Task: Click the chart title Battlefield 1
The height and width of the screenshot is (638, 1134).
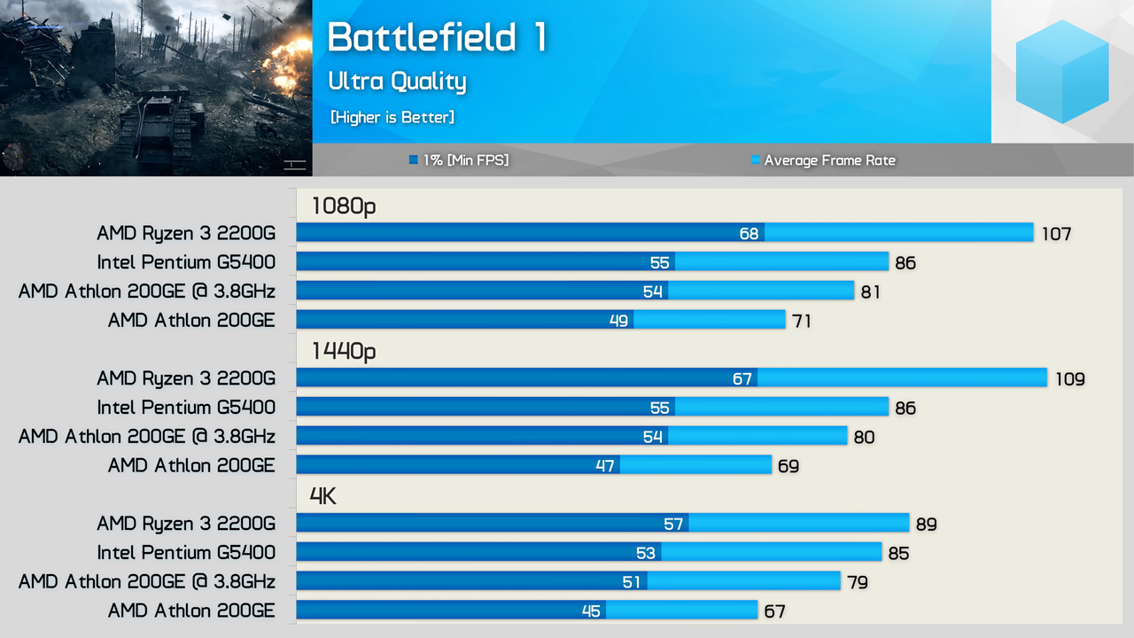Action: coord(437,38)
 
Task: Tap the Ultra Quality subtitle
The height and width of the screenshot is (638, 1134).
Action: coord(397,82)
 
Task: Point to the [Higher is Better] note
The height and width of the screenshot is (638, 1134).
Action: coord(392,117)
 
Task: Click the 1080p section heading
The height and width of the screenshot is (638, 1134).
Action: coord(344,206)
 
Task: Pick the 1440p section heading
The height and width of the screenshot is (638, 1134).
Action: coord(344,352)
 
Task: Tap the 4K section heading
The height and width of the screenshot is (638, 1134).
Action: coord(323,496)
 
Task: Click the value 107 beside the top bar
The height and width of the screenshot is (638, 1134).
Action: coord(1056,234)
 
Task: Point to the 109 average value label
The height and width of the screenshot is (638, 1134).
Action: coord(1069,379)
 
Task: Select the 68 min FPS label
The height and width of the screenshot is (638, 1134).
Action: coord(750,234)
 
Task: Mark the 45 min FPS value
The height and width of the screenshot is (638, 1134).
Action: coord(591,611)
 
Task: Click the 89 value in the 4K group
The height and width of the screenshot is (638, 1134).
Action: coord(926,525)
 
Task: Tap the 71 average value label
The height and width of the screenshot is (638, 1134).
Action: coord(801,321)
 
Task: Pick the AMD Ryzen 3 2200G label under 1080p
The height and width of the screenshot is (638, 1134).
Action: coord(186,233)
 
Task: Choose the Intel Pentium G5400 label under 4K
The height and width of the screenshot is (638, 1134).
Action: coord(186,553)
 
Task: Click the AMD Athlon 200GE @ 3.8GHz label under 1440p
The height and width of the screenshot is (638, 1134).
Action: coord(147,437)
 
